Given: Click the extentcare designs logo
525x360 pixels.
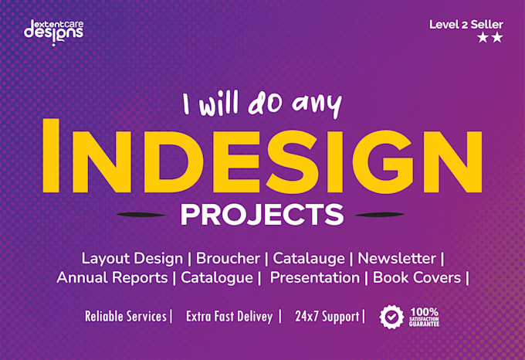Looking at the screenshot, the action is click(53, 32).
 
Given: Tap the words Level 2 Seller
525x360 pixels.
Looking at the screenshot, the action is click(466, 25).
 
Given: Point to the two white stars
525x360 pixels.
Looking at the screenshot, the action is click(490, 37).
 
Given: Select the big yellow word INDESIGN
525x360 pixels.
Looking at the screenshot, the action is click(262, 156).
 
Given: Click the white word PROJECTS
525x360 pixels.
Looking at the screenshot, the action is click(262, 215).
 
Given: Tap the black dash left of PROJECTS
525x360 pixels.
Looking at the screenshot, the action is click(141, 215).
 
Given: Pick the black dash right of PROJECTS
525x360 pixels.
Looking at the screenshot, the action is click(379, 215).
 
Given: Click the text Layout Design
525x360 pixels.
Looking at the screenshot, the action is click(132, 259).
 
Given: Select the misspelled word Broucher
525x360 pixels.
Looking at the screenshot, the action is click(228, 259).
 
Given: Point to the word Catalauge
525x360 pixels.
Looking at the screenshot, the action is click(309, 259).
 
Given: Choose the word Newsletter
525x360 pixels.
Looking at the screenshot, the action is click(397, 259).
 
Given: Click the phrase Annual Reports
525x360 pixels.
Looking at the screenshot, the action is click(112, 277).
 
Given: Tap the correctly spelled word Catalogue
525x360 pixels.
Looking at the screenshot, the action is click(217, 278).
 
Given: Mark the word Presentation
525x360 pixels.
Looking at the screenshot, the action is click(315, 277).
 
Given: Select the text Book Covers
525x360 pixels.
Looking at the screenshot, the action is click(417, 277).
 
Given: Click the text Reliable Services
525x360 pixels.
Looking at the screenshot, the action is click(126, 317).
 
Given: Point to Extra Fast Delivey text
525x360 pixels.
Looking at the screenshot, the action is click(229, 317).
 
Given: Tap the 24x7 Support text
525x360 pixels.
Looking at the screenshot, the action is click(327, 317).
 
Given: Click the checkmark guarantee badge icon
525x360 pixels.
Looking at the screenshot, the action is click(391, 317).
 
